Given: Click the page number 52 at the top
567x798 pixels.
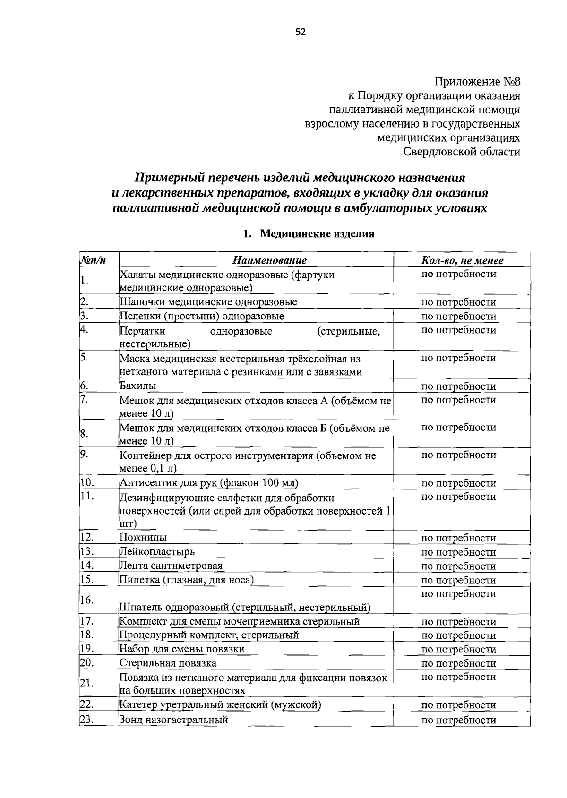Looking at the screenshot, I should coord(301,32).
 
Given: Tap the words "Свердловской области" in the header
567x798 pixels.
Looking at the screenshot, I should coord(462,152).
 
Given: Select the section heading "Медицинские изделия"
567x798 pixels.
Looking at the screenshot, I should coord(317,234).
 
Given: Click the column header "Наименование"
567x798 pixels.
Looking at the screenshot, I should coord(269,260).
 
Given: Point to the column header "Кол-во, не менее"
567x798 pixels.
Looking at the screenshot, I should coord(462,260).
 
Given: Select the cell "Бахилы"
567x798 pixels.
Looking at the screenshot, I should coord(138,386).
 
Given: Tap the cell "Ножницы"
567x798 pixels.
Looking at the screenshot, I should coord(143,537).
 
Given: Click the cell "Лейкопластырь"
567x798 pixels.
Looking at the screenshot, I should coord(157,551).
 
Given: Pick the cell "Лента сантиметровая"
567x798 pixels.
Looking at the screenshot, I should coord(171,566).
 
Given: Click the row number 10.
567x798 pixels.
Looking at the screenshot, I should coord(88,482).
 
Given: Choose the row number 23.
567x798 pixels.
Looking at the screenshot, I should coord(87,720).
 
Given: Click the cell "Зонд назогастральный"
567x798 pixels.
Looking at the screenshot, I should coord(174,720).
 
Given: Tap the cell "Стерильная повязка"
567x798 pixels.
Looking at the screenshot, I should coord(168,663).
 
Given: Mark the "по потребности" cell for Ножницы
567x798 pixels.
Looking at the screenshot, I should coord(458,538).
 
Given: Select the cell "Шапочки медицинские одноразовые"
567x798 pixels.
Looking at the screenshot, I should coord(208,302).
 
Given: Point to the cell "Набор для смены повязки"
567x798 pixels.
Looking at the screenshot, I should coord(182,649).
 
